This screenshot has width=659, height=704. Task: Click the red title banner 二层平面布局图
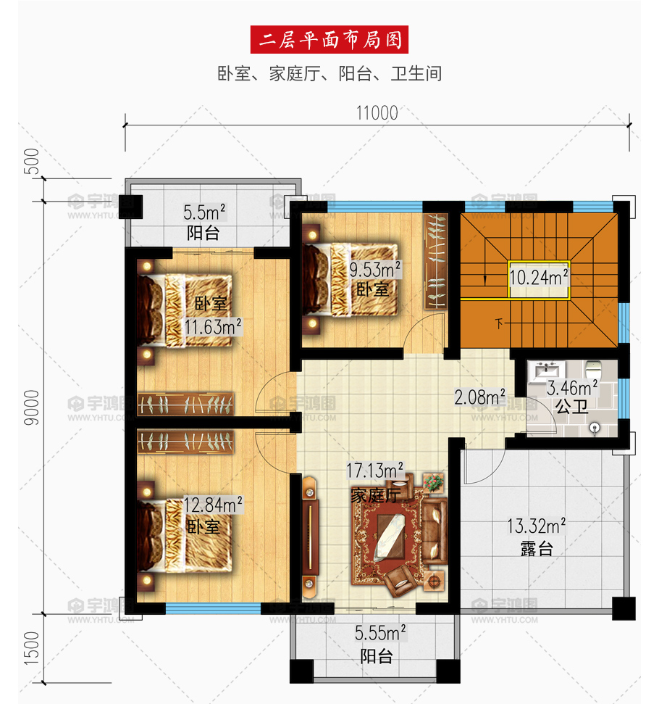pos(329,39)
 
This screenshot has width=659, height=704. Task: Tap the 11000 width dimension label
pos(377,113)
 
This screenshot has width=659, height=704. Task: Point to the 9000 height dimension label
pos(32,407)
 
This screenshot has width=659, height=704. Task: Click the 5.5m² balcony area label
pos(204,212)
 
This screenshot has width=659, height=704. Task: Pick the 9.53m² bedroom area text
pos(375,270)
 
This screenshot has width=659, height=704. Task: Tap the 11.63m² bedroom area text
pos(213,326)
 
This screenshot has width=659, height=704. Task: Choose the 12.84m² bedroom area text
pos(213,505)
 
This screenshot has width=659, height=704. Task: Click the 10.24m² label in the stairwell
pos(539,277)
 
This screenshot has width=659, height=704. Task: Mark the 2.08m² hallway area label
pos(480,397)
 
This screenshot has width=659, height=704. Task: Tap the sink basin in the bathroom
pos(547,371)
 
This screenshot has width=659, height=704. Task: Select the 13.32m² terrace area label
pos(536,526)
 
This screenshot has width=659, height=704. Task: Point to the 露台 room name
pos(536,548)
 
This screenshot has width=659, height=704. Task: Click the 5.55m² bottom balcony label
pos(380,633)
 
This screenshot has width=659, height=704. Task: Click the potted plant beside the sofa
pos(433,483)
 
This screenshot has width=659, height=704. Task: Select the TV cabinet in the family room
pos(309,538)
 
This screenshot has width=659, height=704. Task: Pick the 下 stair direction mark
pos(499,323)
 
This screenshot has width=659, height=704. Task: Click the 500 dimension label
pos(32,161)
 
